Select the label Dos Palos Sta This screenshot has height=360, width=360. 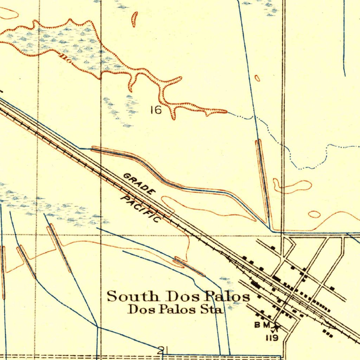coord(175,309)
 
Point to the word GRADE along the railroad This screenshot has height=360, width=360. coord(139,184)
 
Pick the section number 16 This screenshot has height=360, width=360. coord(156,110)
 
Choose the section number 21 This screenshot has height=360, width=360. coord(162,350)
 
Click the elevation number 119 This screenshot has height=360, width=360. coord(272,338)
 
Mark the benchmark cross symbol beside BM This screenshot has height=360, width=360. coord(276,327)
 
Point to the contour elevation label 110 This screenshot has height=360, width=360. coord(66,59)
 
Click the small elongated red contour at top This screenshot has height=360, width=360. coord(134,19)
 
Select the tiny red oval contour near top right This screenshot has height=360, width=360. coord(257,78)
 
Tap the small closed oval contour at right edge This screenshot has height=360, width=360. coord(314,214)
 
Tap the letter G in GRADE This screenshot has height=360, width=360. coord(127,176)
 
